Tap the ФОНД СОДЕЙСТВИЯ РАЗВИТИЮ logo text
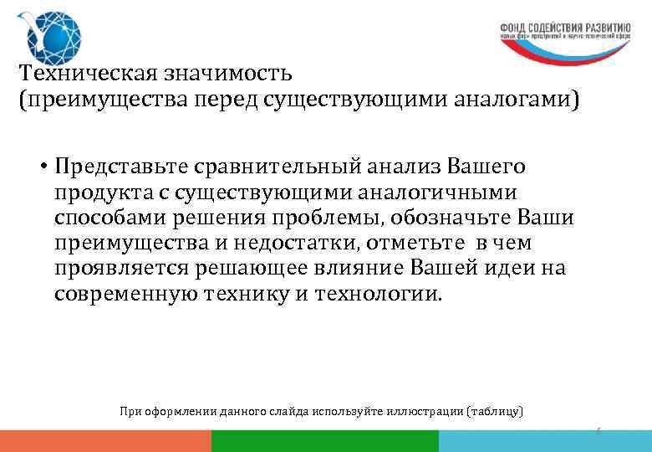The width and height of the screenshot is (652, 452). click(x=564, y=25)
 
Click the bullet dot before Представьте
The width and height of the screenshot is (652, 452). click(x=41, y=164)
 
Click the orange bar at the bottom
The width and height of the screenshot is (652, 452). click(x=105, y=442)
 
